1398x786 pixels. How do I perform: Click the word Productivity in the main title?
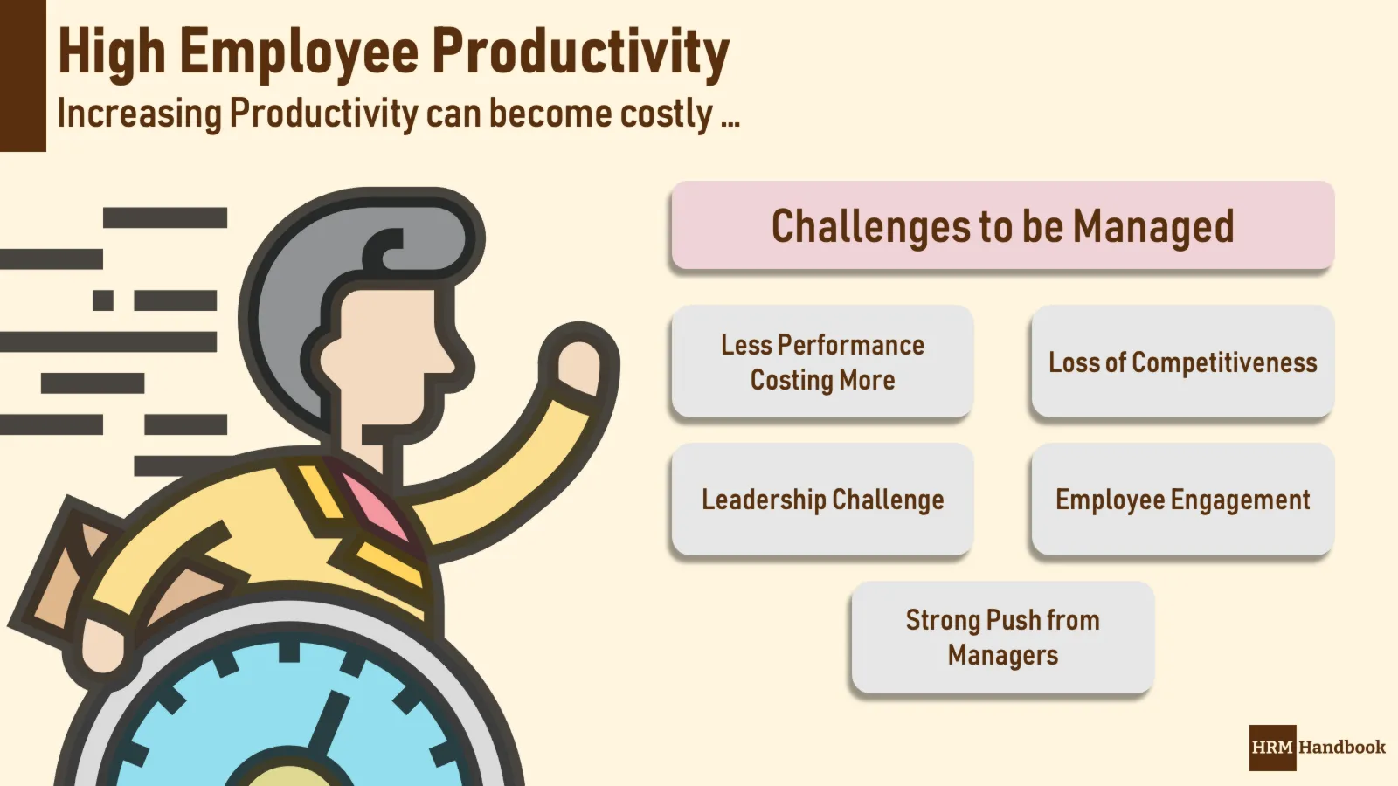[581, 52]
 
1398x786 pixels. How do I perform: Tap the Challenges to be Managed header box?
[1002, 225]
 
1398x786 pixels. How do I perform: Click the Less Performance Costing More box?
[822, 362]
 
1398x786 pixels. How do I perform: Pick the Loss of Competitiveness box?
[1183, 362]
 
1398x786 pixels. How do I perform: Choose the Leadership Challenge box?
[822, 500]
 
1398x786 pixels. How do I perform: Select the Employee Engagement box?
[1183, 500]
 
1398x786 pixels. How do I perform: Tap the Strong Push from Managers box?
[1003, 638]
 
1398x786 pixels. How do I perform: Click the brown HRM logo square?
[1272, 748]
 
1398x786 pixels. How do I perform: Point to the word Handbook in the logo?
[1342, 747]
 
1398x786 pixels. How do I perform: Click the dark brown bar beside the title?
[23, 75]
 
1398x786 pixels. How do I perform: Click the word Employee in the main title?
[300, 53]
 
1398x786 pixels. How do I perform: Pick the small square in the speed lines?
[103, 300]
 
